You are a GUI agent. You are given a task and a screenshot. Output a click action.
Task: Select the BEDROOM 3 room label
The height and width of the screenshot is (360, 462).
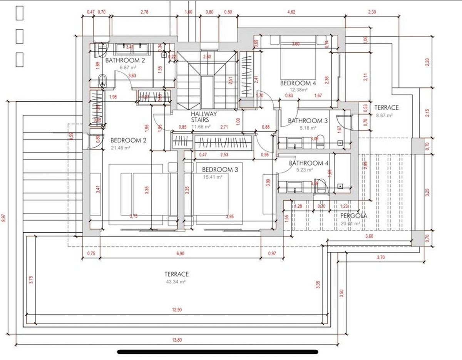(x=217, y=170)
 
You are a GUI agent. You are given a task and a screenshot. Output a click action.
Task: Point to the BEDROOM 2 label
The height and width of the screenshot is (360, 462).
(x=129, y=141)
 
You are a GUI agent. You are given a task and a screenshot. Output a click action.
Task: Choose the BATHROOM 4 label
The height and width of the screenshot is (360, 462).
(x=309, y=163)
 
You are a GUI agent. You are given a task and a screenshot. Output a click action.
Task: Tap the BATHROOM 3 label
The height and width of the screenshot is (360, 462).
(x=308, y=121)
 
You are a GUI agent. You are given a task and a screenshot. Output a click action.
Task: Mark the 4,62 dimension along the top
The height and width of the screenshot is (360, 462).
(x=291, y=12)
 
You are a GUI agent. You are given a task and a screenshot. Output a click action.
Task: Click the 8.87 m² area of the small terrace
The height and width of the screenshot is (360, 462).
(x=384, y=115)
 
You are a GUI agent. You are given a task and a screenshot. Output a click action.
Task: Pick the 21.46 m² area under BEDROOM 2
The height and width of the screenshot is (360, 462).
(x=121, y=148)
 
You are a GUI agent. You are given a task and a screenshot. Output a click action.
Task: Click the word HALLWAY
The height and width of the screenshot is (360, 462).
(x=204, y=114)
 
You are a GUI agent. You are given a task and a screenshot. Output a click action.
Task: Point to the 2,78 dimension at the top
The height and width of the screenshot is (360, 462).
(x=145, y=12)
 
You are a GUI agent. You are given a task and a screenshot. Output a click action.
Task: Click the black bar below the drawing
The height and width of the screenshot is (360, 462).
(x=218, y=352)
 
